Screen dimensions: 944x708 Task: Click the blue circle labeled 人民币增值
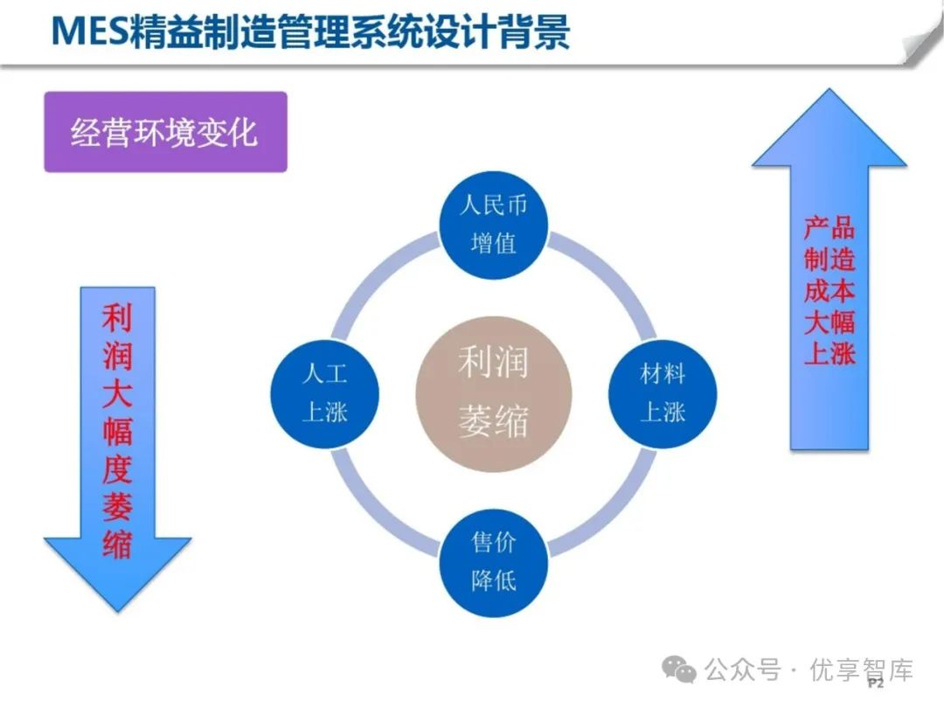[494, 225]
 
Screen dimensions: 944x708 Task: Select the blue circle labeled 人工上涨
[325, 393]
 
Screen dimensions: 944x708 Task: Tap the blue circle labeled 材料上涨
[663, 393]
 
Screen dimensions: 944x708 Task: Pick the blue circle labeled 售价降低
[494, 563]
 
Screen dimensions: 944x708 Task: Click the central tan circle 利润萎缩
[494, 393]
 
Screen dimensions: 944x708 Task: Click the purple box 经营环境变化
[165, 132]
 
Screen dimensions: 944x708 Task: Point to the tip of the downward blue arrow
[118, 612]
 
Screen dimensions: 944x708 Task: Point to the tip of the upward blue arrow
[829, 89]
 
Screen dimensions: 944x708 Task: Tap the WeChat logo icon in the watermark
[679, 670]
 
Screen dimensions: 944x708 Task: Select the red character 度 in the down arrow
[117, 469]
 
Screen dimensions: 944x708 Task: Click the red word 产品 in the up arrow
[829, 227]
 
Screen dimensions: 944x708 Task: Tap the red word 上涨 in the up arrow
[829, 353]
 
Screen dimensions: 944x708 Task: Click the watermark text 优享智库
[862, 670]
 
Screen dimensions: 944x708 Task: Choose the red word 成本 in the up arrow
[829, 290]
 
